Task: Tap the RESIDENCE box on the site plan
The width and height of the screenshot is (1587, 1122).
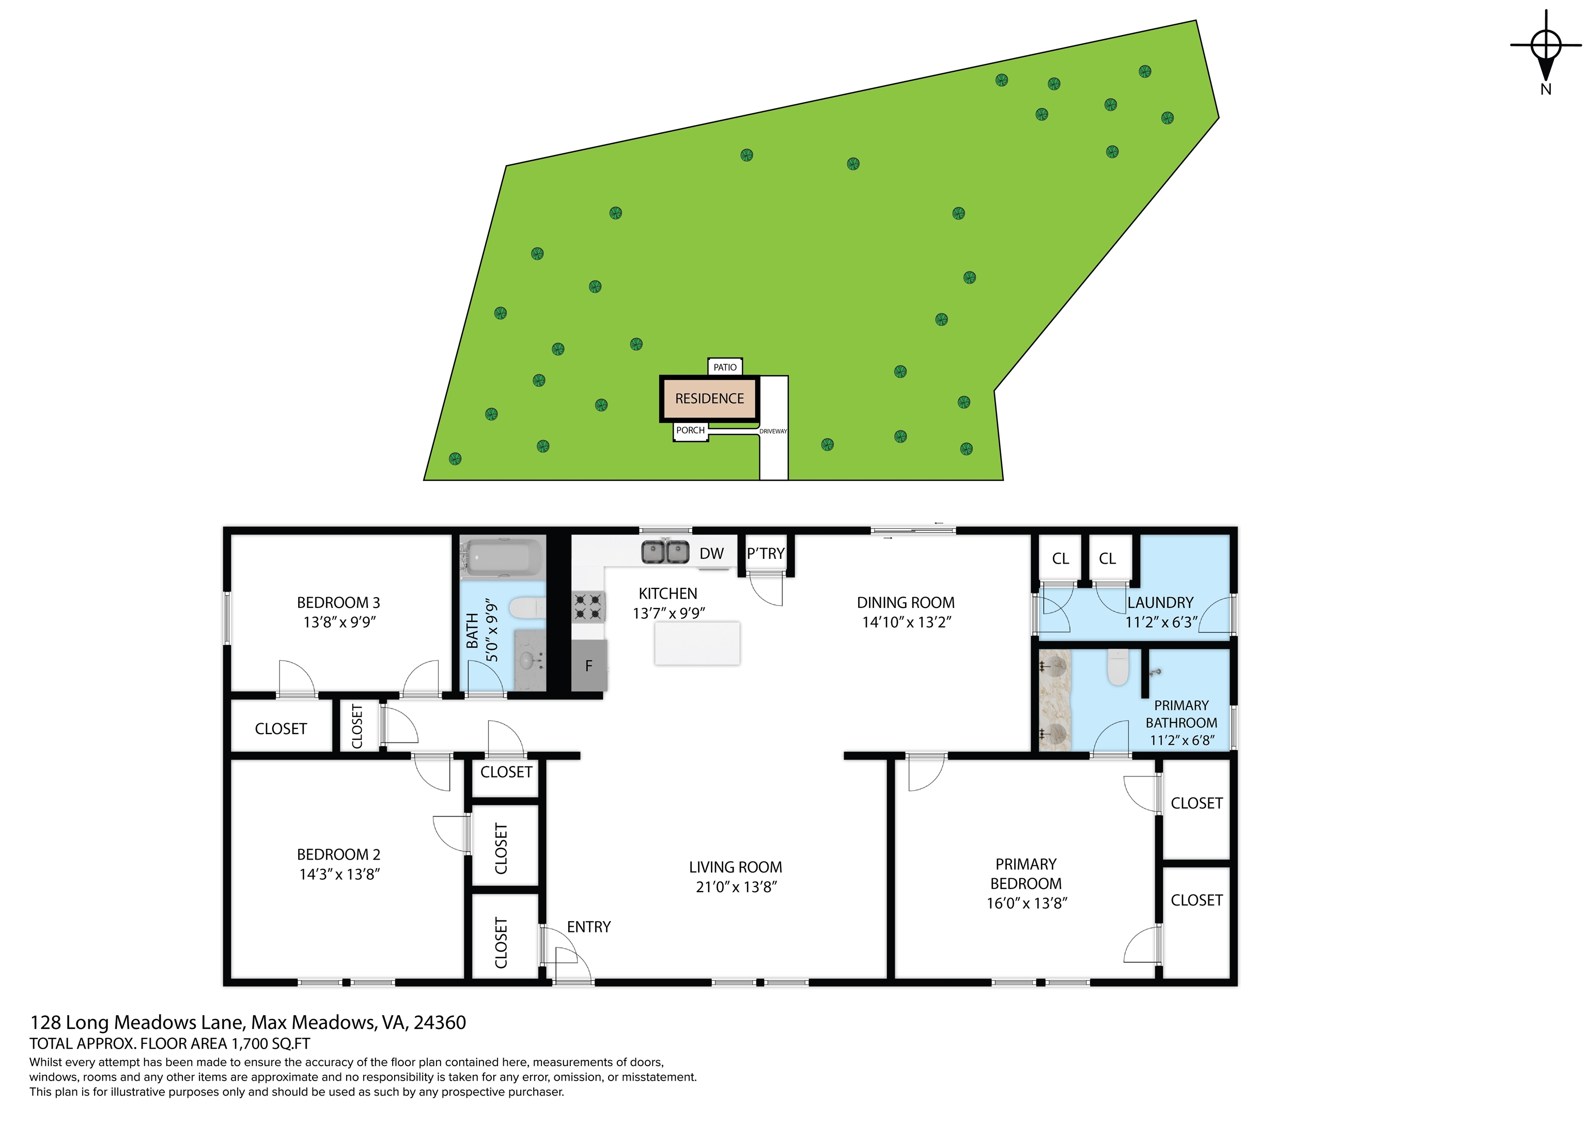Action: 709,399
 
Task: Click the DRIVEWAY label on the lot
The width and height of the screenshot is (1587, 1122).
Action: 773,431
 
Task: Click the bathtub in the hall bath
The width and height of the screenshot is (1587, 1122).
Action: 503,557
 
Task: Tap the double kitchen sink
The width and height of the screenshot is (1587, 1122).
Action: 665,552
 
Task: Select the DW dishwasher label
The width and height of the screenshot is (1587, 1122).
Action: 711,554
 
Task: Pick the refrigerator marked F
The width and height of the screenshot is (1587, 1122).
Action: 589,665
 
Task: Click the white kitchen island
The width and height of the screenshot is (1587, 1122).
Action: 697,643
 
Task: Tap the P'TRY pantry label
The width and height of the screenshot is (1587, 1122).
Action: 765,554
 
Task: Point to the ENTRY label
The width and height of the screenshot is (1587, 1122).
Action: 589,927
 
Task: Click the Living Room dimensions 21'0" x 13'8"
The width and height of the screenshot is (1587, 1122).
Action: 737,887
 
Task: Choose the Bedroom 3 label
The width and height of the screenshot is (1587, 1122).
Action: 339,603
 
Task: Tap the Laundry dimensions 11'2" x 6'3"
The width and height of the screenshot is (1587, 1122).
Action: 1161,622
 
